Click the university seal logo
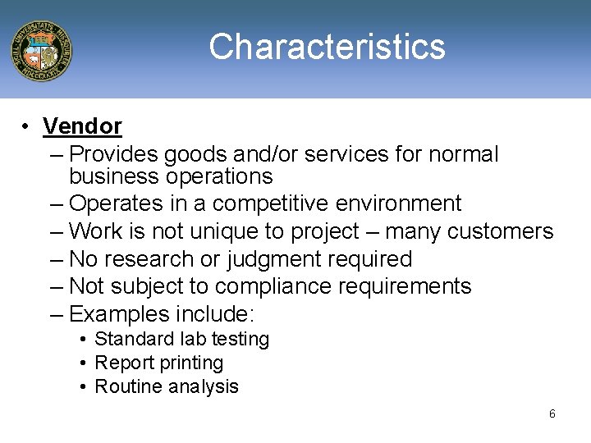tap(41, 51)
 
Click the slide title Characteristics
tap(327, 47)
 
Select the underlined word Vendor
tap(82, 126)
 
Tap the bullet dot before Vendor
tap(27, 126)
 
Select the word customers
tap(500, 232)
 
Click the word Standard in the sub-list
tap(134, 339)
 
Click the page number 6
tap(552, 413)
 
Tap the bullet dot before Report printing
tap(85, 363)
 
